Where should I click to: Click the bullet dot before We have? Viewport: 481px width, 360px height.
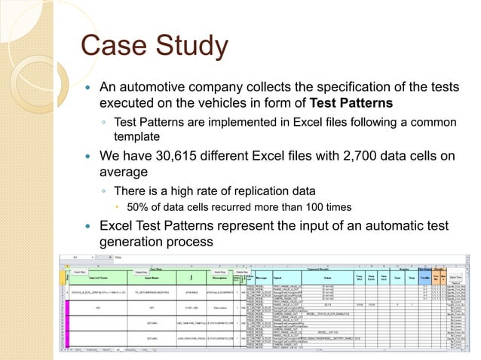click(87, 157)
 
